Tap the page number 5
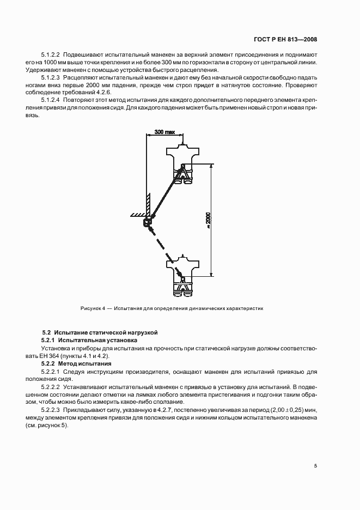pos(315,465)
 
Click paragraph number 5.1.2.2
pos(52,55)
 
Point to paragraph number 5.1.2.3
pos(52,78)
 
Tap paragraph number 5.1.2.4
pos(52,101)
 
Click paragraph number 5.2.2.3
pos(52,409)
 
